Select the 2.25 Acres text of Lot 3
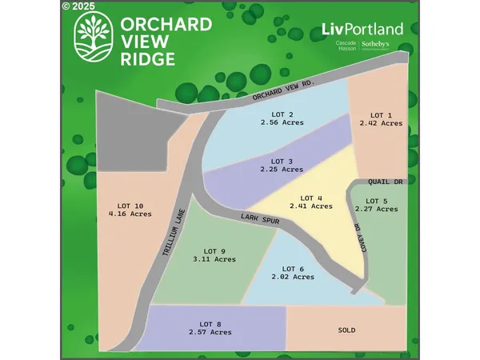coord(282,170)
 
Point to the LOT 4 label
coord(311,198)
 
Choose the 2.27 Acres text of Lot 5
coord(377,210)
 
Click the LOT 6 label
coord(293,268)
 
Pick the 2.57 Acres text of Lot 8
coord(210,332)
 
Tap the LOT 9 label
coord(214,250)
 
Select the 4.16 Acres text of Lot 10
coord(130,214)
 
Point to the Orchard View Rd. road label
coord(285,93)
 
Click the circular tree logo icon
coord(93,36)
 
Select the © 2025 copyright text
coord(77,6)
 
